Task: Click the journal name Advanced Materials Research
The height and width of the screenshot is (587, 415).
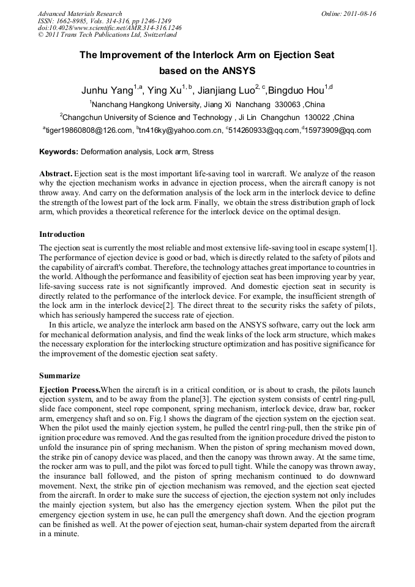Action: [x=80, y=13]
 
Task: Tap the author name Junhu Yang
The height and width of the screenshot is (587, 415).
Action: [x=107, y=90]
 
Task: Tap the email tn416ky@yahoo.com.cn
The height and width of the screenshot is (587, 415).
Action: [x=180, y=130]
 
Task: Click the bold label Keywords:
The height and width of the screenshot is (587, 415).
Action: [x=59, y=151]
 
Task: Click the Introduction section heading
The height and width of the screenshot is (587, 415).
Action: [x=62, y=234]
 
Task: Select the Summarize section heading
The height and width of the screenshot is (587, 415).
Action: [x=59, y=375]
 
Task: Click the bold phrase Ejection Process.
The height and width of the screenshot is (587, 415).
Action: [x=69, y=390]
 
